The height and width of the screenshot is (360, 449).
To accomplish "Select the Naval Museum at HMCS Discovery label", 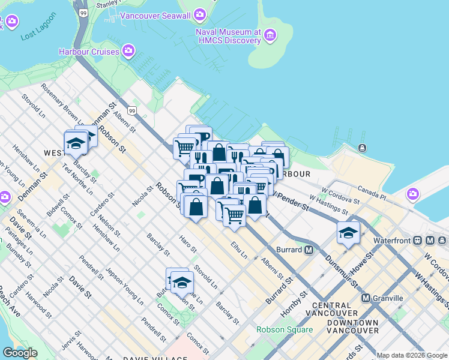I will point(228,36).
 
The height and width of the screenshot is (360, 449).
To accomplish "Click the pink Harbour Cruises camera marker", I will point(128,52).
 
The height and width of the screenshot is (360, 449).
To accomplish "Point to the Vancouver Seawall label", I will point(163,15).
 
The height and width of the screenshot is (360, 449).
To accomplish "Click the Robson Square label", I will point(285,329).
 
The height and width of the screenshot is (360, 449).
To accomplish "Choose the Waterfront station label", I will point(391,241).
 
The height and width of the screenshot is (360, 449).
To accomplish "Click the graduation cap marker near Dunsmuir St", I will point(348,233).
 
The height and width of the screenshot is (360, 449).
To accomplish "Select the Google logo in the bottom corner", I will point(20,353).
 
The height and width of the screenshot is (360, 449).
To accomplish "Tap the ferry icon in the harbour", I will point(363,148).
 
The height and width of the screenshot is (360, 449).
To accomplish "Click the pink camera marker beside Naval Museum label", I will point(271,36).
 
